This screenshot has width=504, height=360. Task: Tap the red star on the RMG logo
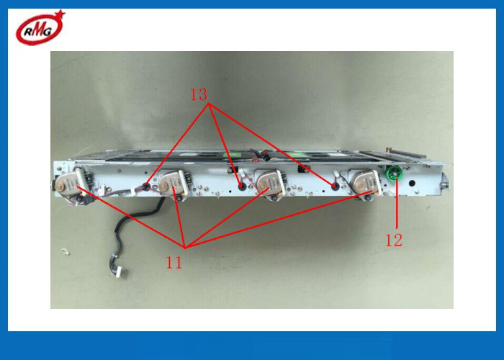click(x=60, y=14)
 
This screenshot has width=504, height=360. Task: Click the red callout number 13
click(x=199, y=94)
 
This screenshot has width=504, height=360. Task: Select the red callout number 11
click(x=174, y=262)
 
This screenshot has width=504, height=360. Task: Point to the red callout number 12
click(x=394, y=240)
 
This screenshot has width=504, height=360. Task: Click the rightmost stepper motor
click(x=365, y=183)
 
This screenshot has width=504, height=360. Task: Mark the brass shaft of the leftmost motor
click(x=60, y=186)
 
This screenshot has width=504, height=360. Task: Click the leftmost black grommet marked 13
click(x=147, y=186)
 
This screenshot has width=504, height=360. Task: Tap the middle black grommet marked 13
click(x=241, y=186)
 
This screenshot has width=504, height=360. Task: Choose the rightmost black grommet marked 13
click(x=335, y=186)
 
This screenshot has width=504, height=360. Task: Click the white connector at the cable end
click(x=122, y=272)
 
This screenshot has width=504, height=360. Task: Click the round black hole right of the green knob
click(x=412, y=184)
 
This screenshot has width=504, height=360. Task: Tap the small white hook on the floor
click(x=65, y=252)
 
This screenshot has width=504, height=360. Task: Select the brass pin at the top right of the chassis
click(x=389, y=150)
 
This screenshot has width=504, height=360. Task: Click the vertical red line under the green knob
click(x=397, y=204)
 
